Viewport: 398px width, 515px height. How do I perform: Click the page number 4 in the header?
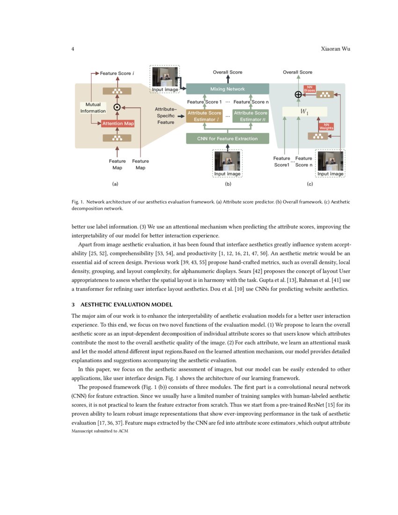coord(73,49)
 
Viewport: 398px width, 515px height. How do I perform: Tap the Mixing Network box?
coord(228,89)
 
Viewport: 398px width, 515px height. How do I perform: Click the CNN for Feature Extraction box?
coord(228,139)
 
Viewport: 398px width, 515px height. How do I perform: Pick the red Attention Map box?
coord(118,124)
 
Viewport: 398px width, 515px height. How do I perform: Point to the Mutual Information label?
coord(93,108)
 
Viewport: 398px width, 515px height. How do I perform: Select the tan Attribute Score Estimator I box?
coord(204,116)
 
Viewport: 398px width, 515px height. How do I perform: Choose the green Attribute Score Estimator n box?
coord(250,116)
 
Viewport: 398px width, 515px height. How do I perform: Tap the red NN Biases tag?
coord(309,88)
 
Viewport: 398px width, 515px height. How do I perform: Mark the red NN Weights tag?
coord(326,126)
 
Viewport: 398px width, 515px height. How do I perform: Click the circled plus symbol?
coord(298,95)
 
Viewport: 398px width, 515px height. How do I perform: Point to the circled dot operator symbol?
coord(117,107)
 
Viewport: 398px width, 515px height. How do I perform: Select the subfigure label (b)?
coord(228,184)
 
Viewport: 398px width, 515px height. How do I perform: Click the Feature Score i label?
coord(117,74)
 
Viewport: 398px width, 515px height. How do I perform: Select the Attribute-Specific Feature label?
coord(165,116)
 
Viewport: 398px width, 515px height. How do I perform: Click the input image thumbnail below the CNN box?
coord(227,162)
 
